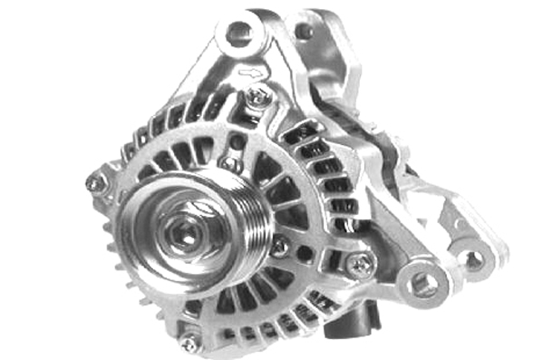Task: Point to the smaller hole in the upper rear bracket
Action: click(304, 31)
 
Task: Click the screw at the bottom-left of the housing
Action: click(189, 343)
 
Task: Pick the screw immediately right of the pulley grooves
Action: click(281, 245)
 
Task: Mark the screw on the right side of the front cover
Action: click(361, 265)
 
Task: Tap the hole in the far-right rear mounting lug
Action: click(472, 261)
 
